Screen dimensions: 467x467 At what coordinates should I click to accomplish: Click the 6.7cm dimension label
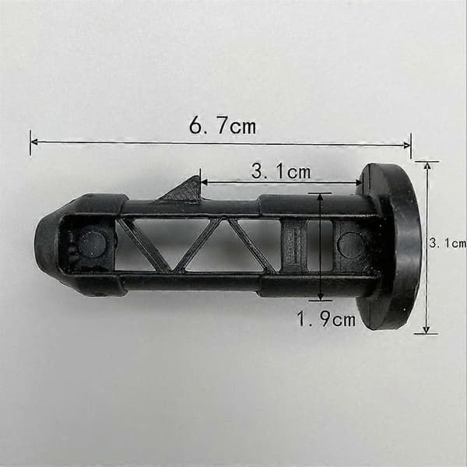point(223,126)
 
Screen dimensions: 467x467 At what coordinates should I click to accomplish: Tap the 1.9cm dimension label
point(326,318)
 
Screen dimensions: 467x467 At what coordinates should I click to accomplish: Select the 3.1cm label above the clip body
point(281,171)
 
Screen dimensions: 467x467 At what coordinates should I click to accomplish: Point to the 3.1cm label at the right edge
point(448,244)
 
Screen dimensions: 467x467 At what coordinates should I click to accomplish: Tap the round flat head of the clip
point(390,246)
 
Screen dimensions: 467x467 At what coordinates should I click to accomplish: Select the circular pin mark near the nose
point(92,244)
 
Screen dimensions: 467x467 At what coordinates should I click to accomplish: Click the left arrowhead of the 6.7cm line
point(33,142)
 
